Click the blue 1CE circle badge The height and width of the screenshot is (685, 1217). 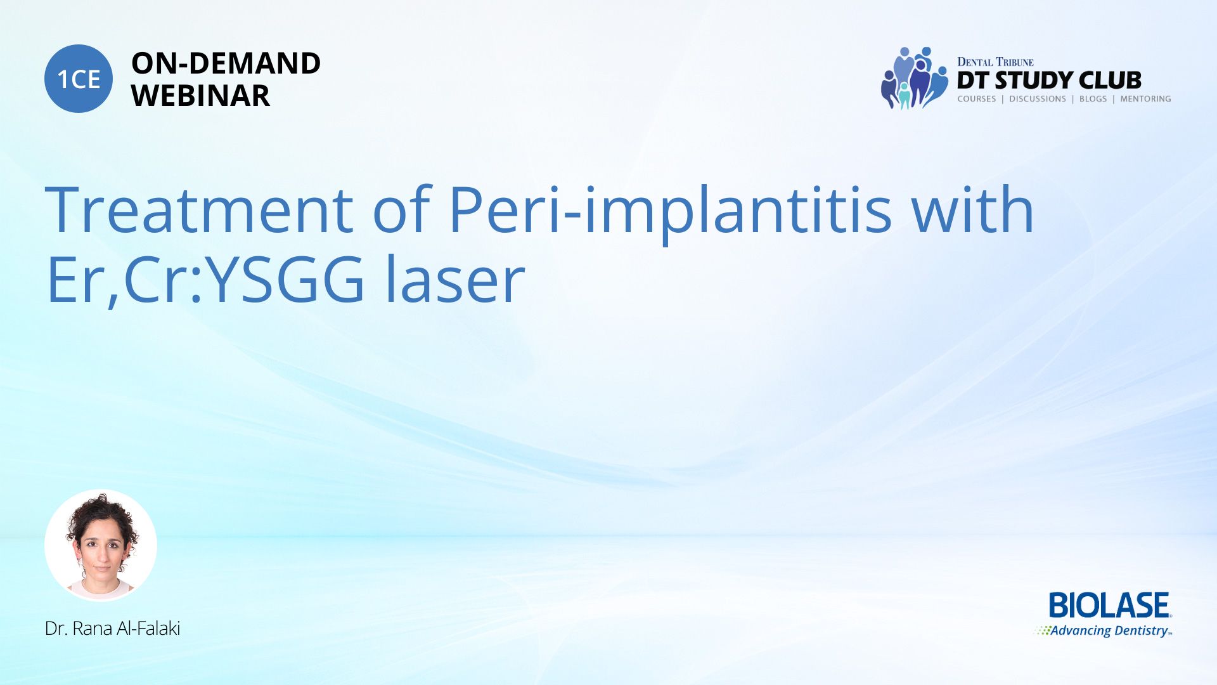pos(79,79)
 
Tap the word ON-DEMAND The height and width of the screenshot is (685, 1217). pos(226,63)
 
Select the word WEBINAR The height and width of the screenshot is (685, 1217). pos(200,96)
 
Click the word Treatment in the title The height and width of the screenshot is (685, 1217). pos(199,209)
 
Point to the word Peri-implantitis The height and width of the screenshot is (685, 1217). pos(670,213)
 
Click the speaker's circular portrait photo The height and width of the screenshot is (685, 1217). pos(101,545)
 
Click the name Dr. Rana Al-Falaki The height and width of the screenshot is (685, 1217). pos(113,629)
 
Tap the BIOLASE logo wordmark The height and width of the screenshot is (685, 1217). pos(1110,605)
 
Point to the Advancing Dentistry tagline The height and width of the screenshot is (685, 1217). pos(1103,630)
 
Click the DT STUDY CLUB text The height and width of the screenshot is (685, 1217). pos(1049,81)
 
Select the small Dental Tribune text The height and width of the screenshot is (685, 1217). pos(995,62)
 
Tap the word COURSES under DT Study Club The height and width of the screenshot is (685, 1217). pos(977,99)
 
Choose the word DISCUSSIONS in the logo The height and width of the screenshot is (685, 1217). pos(1038,99)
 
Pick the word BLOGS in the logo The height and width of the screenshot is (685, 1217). pos(1093,99)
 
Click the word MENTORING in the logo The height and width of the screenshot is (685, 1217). pos(1145,99)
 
